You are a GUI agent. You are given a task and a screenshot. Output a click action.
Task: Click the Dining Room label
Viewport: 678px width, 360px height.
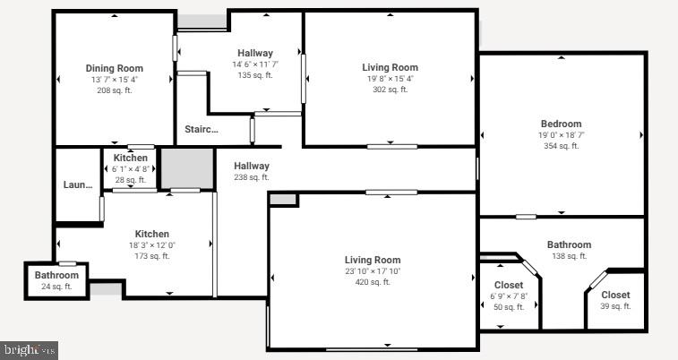[x=114, y=68]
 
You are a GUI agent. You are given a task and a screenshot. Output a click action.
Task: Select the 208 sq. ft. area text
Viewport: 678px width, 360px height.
[x=114, y=90]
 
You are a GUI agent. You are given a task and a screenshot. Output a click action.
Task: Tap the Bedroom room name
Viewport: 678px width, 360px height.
[x=561, y=124]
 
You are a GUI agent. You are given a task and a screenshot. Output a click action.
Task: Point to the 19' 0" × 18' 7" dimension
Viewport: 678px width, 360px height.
[x=561, y=135]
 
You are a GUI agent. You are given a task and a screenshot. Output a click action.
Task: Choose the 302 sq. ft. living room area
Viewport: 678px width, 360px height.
[x=390, y=90]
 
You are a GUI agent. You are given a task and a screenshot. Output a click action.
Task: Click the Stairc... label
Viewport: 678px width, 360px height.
[x=202, y=130]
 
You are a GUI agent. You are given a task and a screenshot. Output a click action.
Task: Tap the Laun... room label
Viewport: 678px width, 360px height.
[x=78, y=185]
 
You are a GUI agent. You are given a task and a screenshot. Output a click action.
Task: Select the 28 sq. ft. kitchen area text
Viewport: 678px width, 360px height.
[x=130, y=180]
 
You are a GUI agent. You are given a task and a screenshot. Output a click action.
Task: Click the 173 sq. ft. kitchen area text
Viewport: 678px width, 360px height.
[x=151, y=256]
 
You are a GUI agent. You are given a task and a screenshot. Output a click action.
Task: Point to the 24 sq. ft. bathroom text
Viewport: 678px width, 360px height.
[x=56, y=287]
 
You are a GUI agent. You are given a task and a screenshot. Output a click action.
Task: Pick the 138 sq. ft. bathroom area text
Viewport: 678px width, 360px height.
[x=569, y=256]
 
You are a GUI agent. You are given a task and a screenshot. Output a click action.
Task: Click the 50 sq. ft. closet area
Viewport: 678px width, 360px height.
[x=509, y=307]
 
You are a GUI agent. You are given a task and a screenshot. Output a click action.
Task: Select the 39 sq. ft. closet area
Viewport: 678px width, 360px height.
[x=615, y=306]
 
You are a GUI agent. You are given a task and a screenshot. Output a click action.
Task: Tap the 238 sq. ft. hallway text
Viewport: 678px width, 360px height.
[x=252, y=177]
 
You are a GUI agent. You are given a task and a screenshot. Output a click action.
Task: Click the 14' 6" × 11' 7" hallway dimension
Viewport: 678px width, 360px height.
[x=255, y=64]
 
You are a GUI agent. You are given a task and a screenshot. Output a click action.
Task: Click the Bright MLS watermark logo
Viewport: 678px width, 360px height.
[x=30, y=350]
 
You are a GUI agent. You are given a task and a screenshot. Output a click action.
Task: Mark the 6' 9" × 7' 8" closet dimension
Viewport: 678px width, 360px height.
[x=509, y=296]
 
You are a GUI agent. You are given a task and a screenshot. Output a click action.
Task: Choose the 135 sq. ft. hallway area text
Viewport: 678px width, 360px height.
[x=255, y=75]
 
